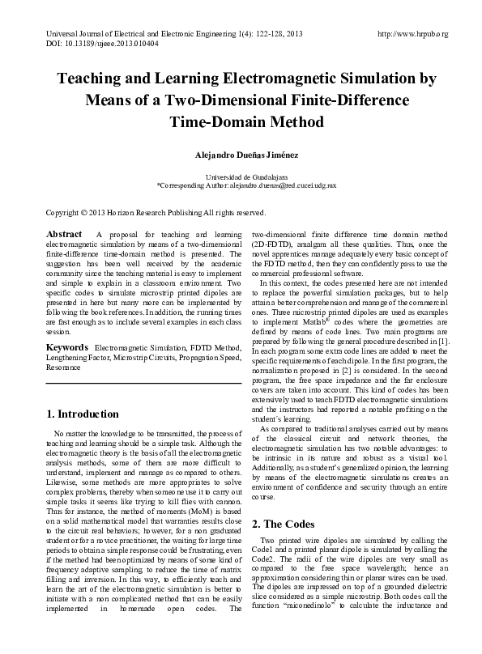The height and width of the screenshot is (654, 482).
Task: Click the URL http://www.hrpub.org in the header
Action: coord(413,34)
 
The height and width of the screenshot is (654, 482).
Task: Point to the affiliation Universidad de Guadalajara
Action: coord(241,176)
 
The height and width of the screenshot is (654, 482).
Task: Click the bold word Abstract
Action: coord(65,234)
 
